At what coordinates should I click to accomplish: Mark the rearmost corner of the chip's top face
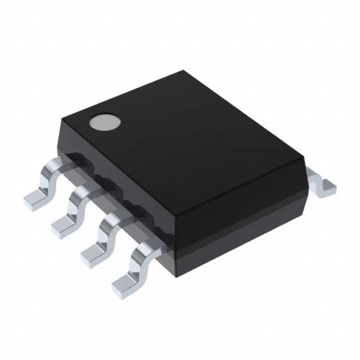(183, 71)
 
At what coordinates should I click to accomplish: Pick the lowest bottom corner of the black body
(176, 276)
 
